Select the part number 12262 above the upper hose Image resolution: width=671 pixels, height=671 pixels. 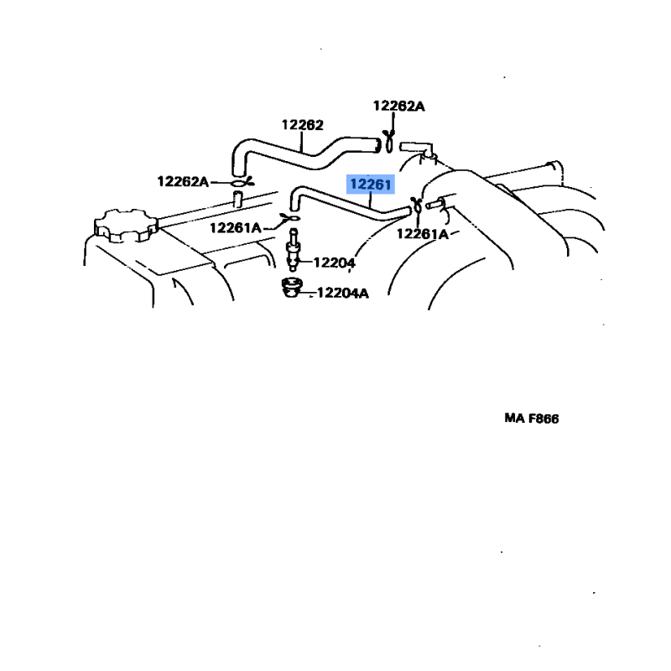(x=302, y=125)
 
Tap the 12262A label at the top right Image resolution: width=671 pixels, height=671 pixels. (x=398, y=106)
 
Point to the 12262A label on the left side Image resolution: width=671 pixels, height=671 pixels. (x=183, y=181)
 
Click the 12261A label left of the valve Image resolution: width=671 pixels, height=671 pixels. (x=236, y=227)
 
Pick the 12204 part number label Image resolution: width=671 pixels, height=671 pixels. (x=334, y=263)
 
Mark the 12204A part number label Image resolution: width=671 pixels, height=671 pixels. (x=342, y=293)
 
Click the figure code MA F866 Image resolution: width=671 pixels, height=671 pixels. (x=532, y=419)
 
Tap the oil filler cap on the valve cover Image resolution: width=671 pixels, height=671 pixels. (x=125, y=226)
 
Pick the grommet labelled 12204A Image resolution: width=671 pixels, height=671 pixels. (x=290, y=288)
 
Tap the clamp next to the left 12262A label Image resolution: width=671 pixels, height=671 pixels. (x=237, y=181)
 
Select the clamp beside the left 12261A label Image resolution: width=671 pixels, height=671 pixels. (x=289, y=221)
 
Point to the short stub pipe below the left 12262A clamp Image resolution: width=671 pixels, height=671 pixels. (x=237, y=200)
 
